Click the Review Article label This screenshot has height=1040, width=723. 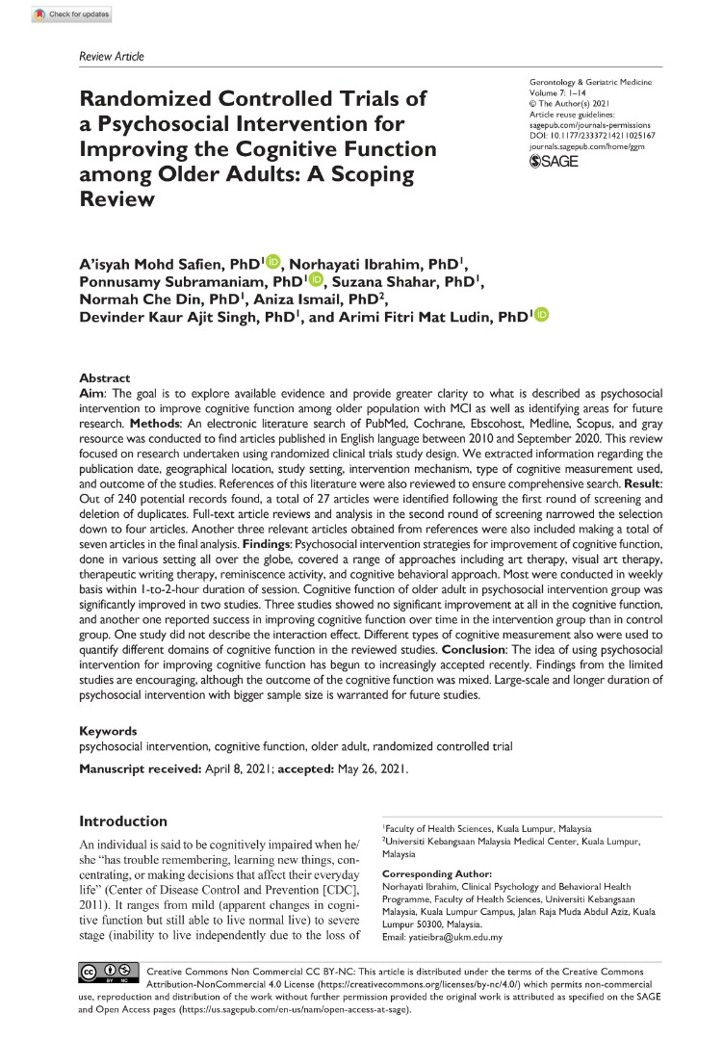[111, 57]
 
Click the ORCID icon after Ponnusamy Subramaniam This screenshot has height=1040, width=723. [317, 279]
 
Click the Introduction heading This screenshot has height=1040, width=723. [123, 821]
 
